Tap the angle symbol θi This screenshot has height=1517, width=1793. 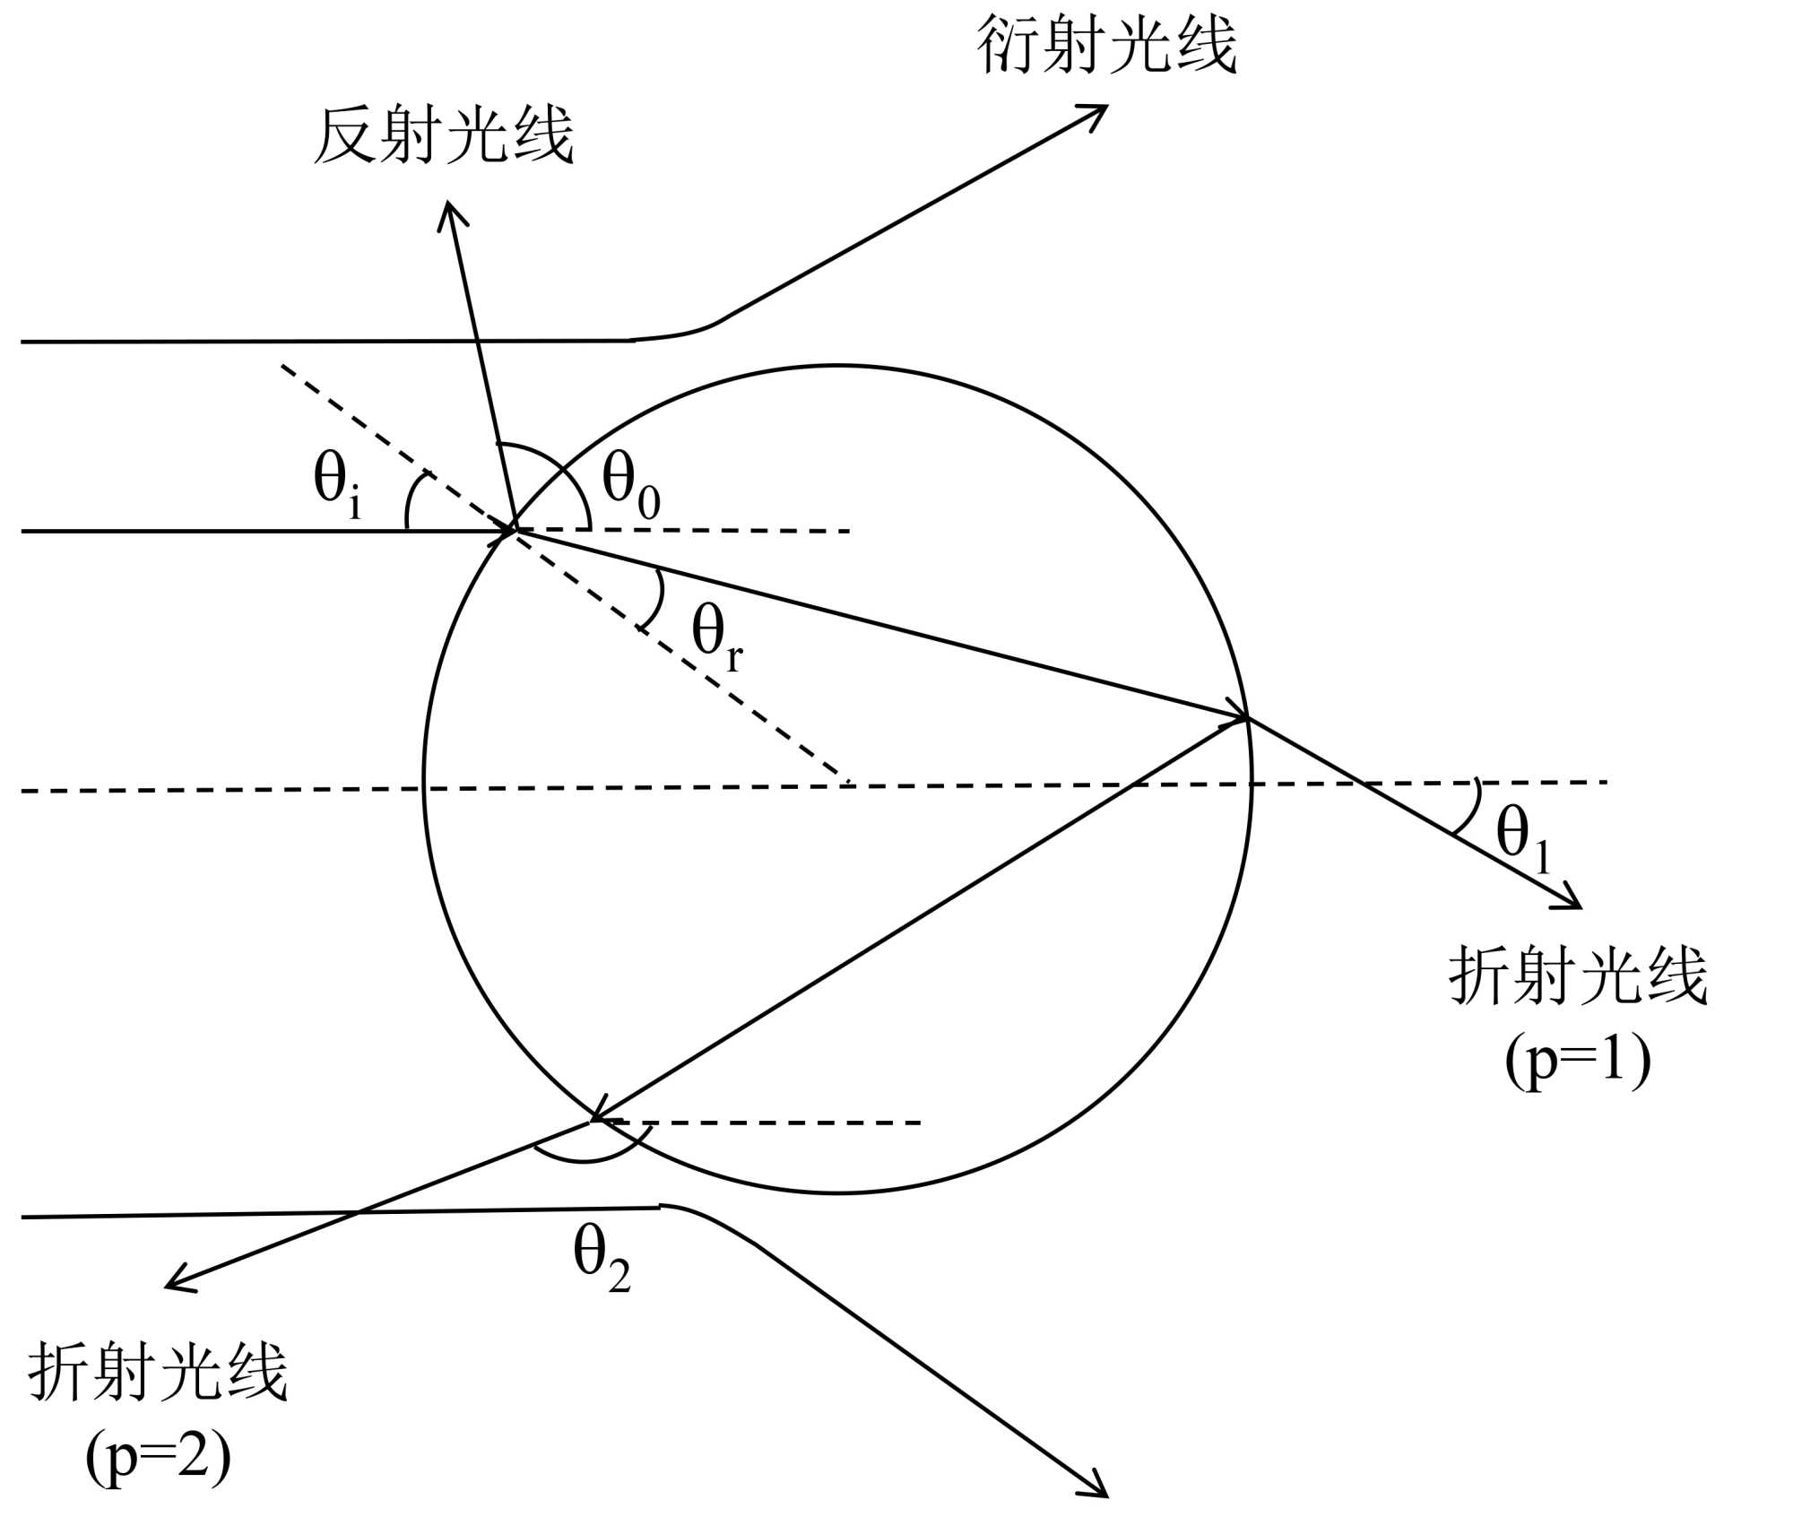pos(337,484)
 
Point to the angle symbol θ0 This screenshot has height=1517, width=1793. pos(630,485)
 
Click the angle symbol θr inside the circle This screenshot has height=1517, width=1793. pos(716,637)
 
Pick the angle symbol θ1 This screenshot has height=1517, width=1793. pos(1522,838)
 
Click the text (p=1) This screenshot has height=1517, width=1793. pos(1578,1061)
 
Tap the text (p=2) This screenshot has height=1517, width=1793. pos(158,1457)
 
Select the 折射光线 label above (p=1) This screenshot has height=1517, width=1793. pos(1578,975)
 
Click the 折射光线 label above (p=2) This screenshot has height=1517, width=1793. pos(158,1372)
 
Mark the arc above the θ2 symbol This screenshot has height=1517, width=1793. pos(587,1157)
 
